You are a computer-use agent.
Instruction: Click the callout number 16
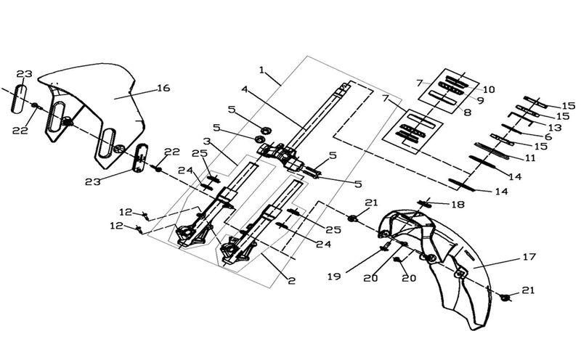(x=163, y=88)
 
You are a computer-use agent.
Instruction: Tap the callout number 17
(x=529, y=257)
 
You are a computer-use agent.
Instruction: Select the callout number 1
(x=262, y=70)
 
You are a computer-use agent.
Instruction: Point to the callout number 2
(x=292, y=281)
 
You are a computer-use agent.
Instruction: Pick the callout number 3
(x=207, y=141)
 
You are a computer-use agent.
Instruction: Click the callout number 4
(x=245, y=89)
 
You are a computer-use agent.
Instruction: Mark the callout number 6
(x=548, y=136)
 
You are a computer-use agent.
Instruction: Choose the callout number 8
(x=468, y=112)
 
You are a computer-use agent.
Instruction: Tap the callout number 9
(x=481, y=100)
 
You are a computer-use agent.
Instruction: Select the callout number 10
(x=489, y=89)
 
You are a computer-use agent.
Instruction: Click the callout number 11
(x=531, y=158)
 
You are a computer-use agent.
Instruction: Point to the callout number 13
(x=555, y=128)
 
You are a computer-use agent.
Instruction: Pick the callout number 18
(x=458, y=205)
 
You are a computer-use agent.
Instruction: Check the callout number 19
(x=334, y=277)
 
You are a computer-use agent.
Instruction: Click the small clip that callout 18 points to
(x=424, y=203)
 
